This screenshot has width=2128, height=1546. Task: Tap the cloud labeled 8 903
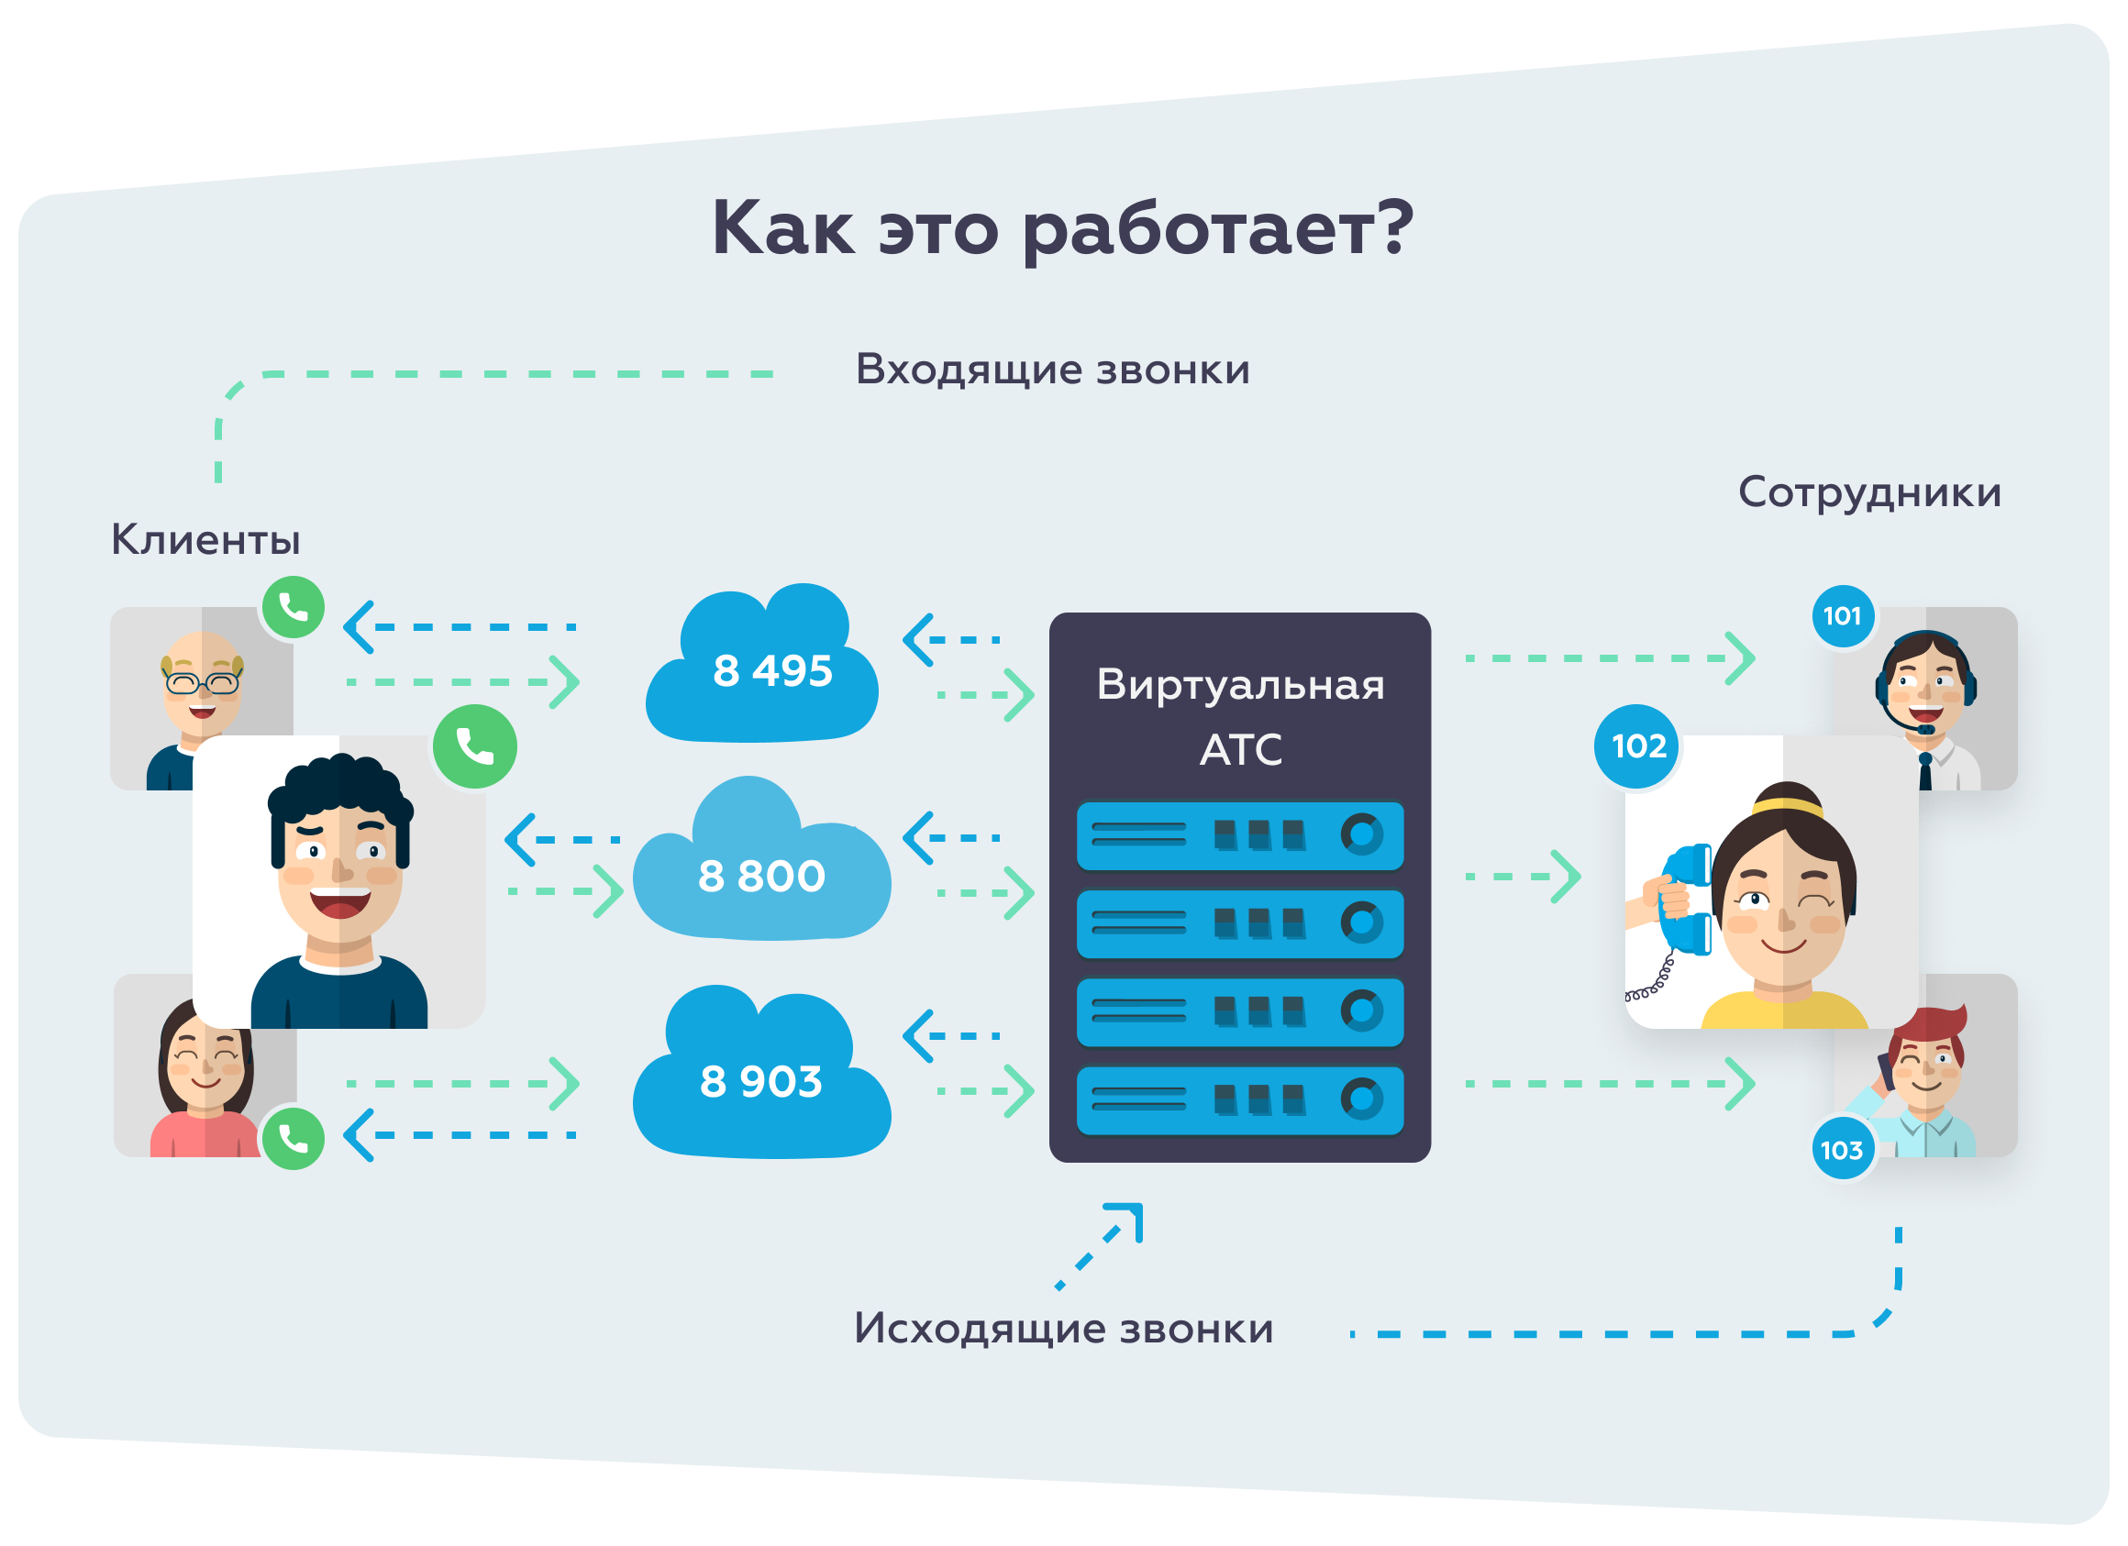(x=761, y=1079)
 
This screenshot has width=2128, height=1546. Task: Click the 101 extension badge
(x=1842, y=615)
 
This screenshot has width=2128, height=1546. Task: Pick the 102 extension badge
(x=1638, y=745)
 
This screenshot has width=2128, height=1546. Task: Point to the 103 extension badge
(x=1842, y=1149)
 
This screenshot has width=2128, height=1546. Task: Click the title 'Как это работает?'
(x=1062, y=229)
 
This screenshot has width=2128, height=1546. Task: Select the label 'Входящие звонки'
(x=1052, y=370)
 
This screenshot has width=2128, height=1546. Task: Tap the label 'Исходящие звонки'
(x=1063, y=1329)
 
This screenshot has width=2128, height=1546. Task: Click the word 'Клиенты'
(x=205, y=539)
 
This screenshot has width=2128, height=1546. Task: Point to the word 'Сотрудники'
(x=1869, y=492)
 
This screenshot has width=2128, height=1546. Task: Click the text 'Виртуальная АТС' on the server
(x=1239, y=716)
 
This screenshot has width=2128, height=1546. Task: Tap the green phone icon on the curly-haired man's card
(x=475, y=746)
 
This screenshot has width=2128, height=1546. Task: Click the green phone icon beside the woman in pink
(x=294, y=1138)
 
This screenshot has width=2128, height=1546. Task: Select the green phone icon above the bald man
(x=294, y=608)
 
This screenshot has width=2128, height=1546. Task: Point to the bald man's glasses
(x=203, y=682)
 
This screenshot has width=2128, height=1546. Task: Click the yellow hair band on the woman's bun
(x=1788, y=806)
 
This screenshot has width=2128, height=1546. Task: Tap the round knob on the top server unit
(x=1361, y=833)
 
